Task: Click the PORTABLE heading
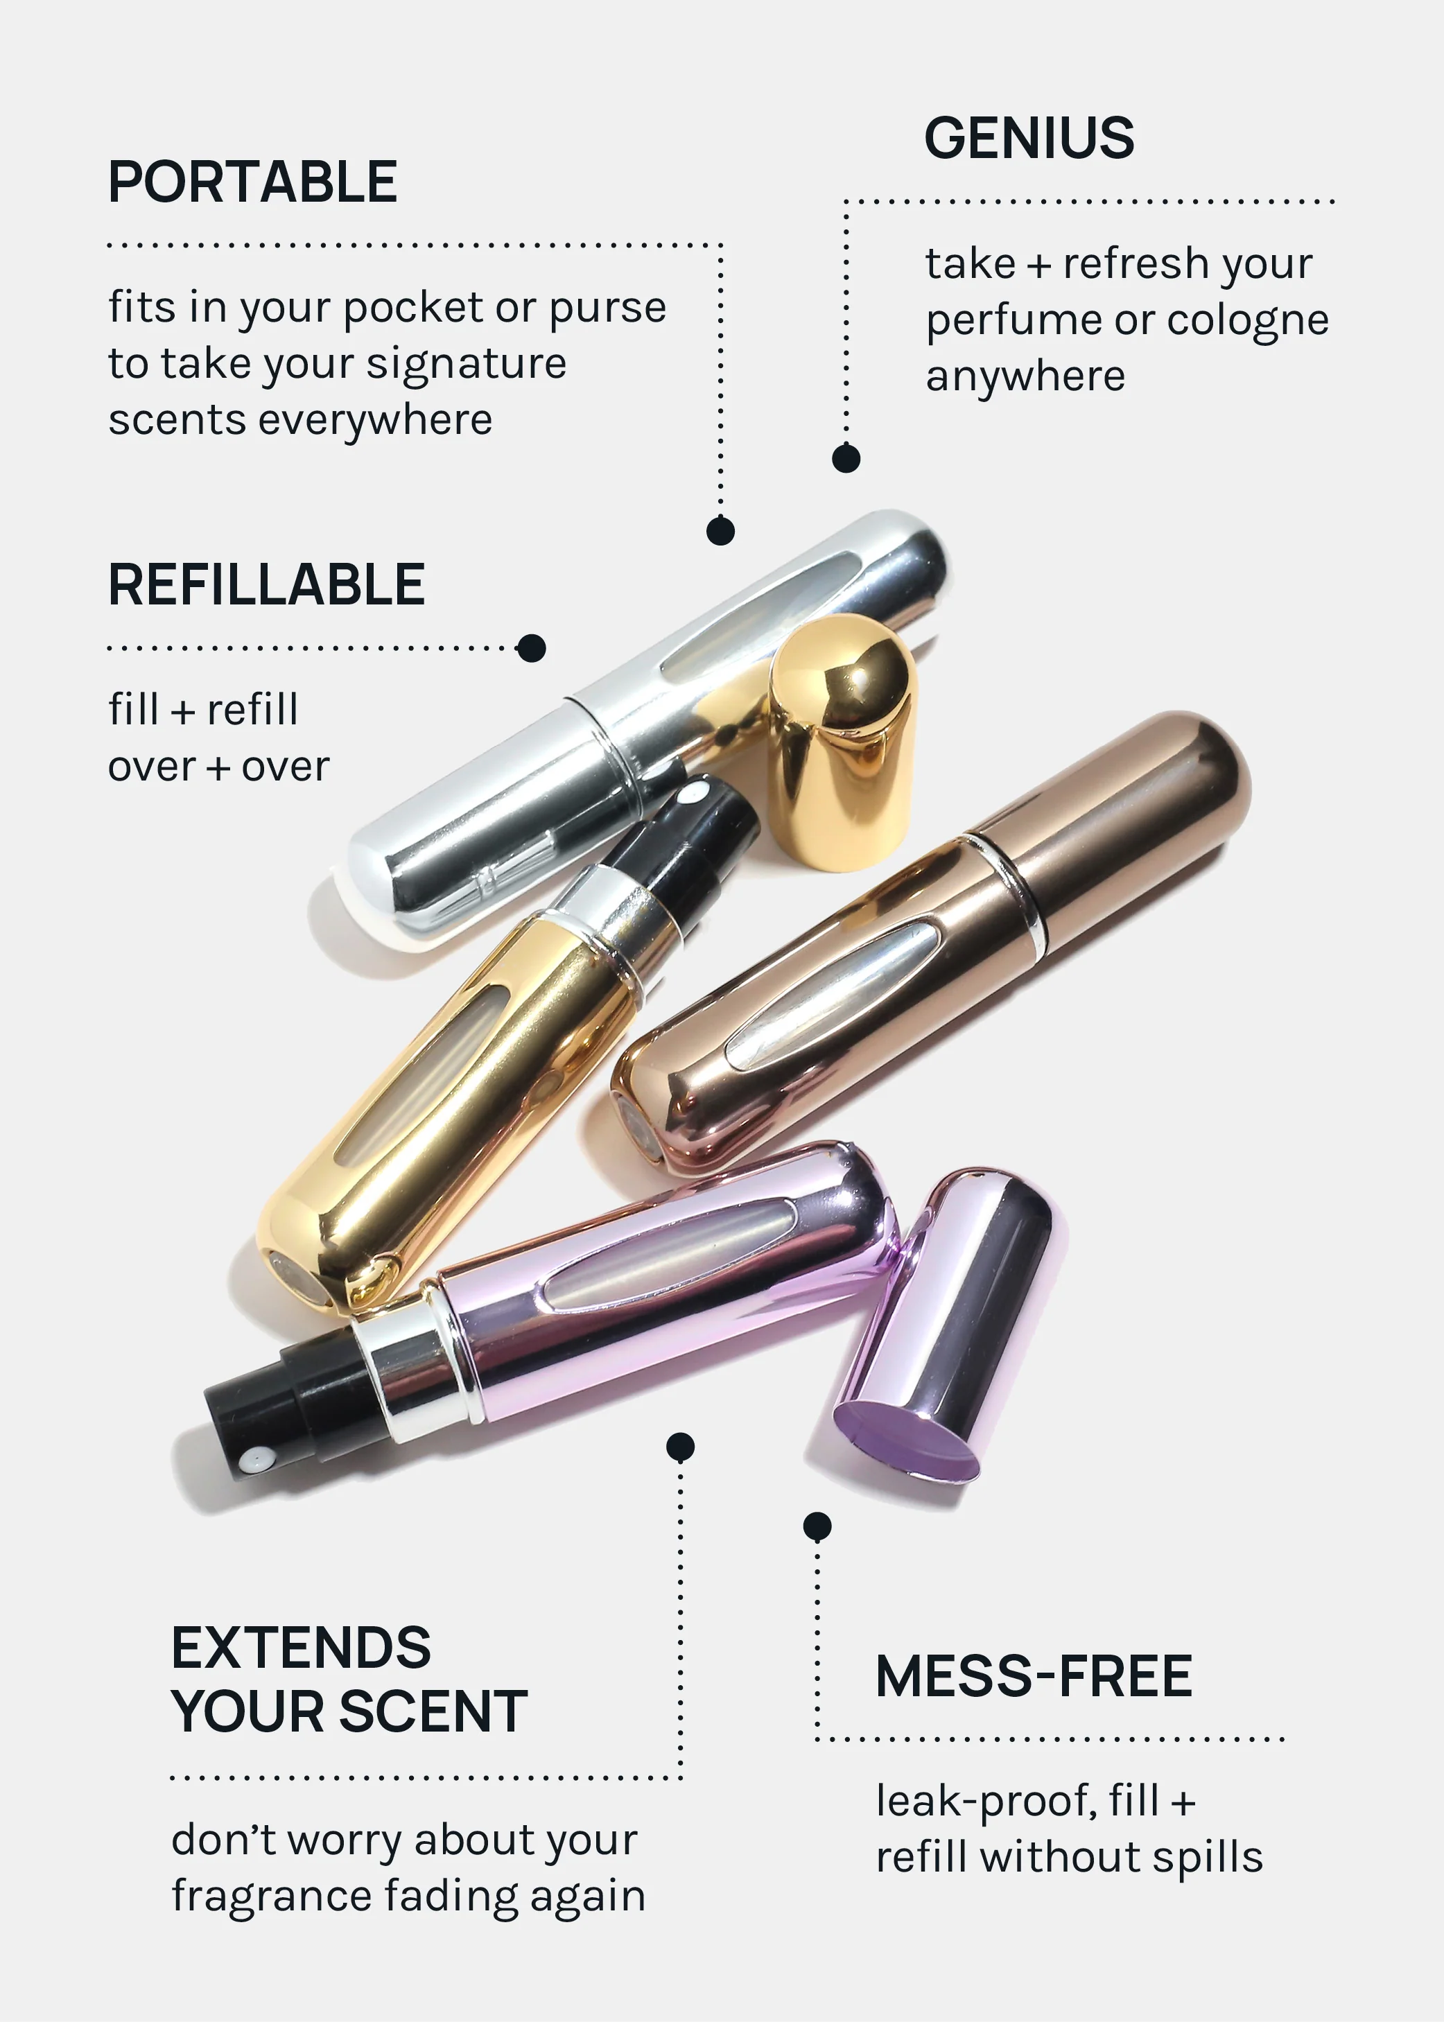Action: [x=252, y=183]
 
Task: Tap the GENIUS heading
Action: [x=1029, y=139]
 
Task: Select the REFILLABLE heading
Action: [x=266, y=585]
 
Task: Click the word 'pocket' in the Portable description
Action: [x=415, y=308]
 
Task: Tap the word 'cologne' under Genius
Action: [x=1248, y=321]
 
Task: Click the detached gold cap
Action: [x=840, y=742]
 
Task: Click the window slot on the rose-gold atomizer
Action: [x=831, y=994]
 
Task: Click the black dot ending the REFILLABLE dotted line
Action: [x=531, y=648]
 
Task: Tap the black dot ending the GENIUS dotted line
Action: [x=846, y=458]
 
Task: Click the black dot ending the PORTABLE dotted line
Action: [x=720, y=531]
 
